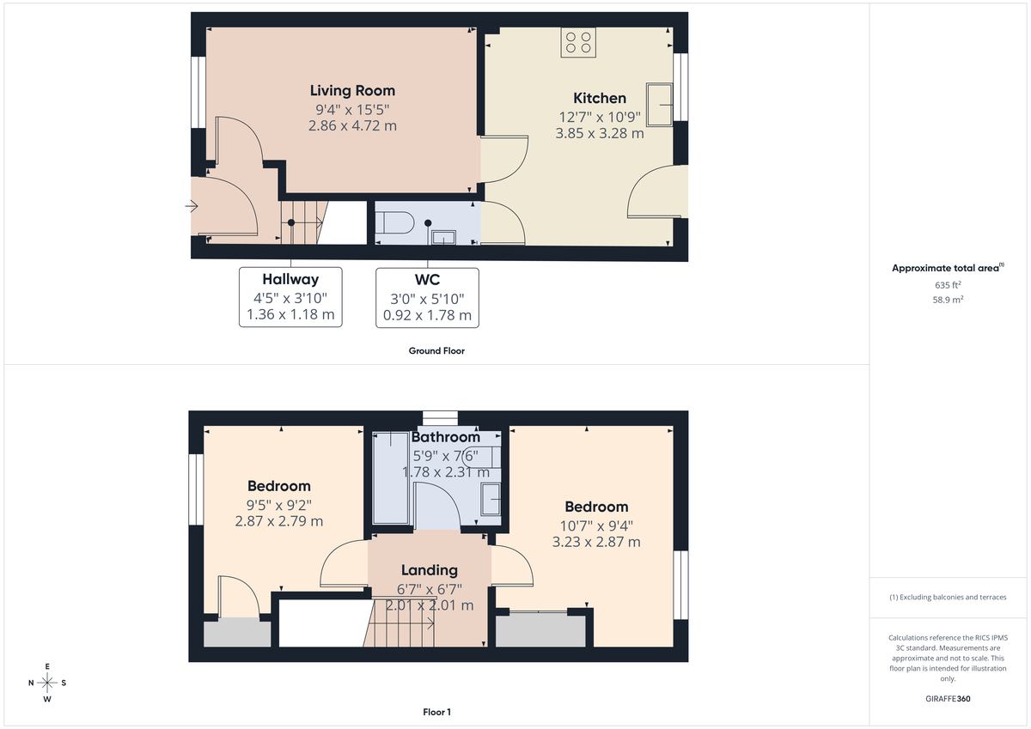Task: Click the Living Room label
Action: pos(352,90)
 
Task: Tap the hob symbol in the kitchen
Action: pos(579,43)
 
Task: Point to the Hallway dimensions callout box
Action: pos(290,297)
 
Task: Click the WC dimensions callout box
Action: pos(427,297)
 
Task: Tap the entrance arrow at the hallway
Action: pos(192,206)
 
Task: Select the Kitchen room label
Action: pos(600,98)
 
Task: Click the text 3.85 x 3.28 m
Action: pos(600,133)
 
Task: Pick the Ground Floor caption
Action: pos(436,350)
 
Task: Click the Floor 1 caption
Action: pos(436,712)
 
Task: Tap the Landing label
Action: pos(430,570)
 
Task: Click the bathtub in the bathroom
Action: pos(393,477)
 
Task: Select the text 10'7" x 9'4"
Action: pos(596,525)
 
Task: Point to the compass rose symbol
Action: pos(47,683)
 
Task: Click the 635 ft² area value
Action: pos(948,285)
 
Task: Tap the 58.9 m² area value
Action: pos(948,301)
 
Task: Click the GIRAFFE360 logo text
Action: pos(949,699)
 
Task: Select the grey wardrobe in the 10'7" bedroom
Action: pos(541,631)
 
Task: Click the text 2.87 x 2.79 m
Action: pos(279,520)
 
